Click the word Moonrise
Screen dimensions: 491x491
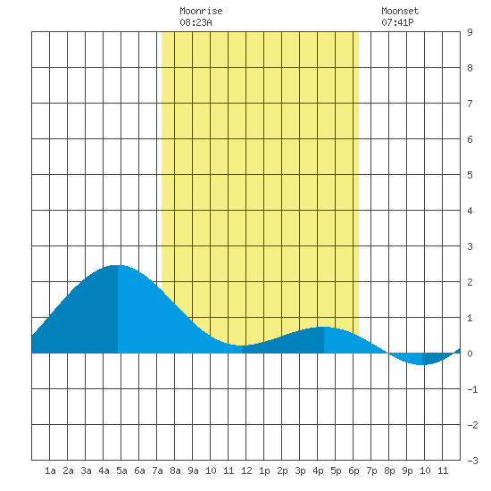tap(201, 11)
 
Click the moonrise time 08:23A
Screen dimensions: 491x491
tap(196, 22)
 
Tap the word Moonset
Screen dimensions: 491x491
tap(400, 11)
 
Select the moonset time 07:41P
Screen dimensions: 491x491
tap(397, 22)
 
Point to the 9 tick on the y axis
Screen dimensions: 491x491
tap(470, 32)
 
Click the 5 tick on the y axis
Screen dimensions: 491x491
tap(470, 175)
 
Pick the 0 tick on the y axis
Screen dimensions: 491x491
tap(470, 354)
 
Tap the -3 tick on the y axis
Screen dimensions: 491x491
tap(472, 461)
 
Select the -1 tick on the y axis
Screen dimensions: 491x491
tap(472, 389)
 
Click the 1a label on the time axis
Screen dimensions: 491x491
tap(50, 470)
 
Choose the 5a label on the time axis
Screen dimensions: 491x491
tap(121, 470)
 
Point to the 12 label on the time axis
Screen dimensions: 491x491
tap(246, 470)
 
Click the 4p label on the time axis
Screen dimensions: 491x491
tap(318, 470)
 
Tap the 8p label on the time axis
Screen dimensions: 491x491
tap(389, 470)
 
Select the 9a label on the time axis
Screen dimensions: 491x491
tap(193, 470)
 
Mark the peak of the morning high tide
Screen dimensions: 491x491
tap(118, 265)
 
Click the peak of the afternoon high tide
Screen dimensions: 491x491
tap(324, 327)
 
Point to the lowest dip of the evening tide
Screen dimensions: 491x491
tap(421, 365)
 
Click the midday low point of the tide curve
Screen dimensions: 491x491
tap(241, 345)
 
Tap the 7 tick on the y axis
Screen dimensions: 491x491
tap(470, 104)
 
